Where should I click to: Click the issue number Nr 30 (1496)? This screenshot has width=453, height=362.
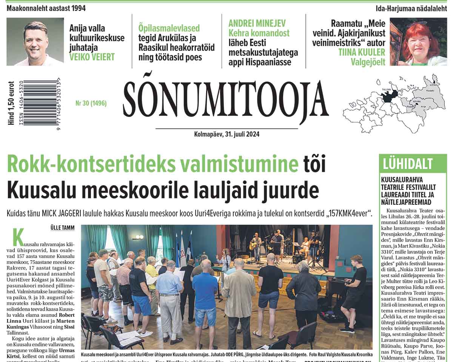tap(91, 103)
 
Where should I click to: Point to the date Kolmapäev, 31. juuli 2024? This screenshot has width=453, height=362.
tap(226, 134)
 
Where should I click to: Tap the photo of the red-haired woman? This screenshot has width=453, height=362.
tap(418, 42)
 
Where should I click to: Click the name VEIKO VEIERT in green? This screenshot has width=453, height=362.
tap(92, 57)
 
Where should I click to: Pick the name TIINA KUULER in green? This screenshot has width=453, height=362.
tap(362, 52)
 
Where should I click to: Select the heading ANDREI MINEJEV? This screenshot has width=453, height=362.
tap(257, 23)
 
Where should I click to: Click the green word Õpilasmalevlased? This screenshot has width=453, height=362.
tap(169, 28)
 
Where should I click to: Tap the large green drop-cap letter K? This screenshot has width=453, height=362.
tap(18, 238)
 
